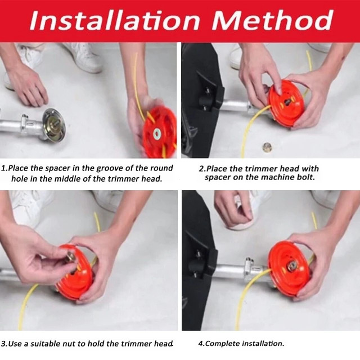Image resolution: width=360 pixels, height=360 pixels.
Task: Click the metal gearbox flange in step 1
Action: click(54, 125)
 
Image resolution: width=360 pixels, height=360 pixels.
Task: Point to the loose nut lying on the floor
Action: click(267, 146)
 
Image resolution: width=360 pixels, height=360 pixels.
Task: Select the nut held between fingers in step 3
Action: click(70, 256)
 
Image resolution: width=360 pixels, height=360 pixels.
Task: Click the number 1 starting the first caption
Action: click(3, 168)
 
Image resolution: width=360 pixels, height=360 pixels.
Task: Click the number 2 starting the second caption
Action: click(201, 169)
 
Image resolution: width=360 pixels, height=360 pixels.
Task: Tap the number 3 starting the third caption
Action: click(3, 344)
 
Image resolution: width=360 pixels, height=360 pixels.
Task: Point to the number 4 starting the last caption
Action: click(201, 344)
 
